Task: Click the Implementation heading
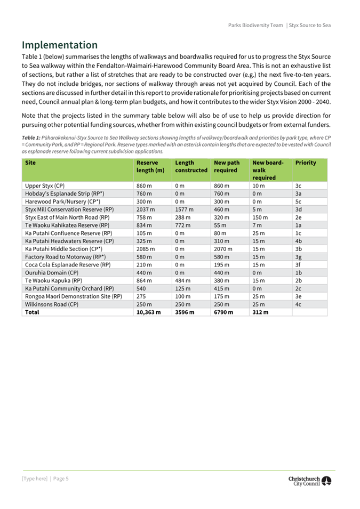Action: click(60, 45)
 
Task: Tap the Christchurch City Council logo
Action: click(309, 481)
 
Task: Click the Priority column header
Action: click(306, 163)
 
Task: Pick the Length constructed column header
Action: click(191, 166)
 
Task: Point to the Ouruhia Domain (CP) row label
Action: click(52, 272)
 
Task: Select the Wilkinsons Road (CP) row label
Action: click(52, 304)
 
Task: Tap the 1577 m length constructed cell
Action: click(184, 209)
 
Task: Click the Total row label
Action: click(32, 312)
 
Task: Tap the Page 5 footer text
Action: click(60, 479)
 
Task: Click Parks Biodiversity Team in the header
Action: click(255, 25)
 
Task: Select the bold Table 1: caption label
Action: click(30, 138)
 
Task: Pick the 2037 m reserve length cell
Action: click(146, 209)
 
